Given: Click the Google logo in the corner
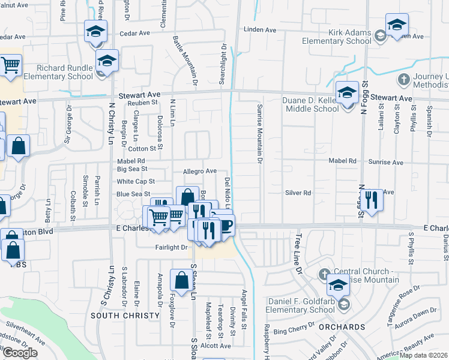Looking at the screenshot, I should point(19,353).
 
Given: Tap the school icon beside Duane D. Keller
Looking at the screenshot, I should point(347,93).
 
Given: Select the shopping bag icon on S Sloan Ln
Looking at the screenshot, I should point(181,280).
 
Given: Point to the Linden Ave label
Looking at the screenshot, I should point(259,29).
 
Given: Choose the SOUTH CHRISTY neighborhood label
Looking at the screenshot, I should point(117,315).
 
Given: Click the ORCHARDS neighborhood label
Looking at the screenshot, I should point(341,327).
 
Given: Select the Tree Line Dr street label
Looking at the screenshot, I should point(298,255).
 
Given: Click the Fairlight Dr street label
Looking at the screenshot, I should point(172,247).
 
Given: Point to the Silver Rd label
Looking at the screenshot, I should point(298,193).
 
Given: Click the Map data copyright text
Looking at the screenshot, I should point(424,355).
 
